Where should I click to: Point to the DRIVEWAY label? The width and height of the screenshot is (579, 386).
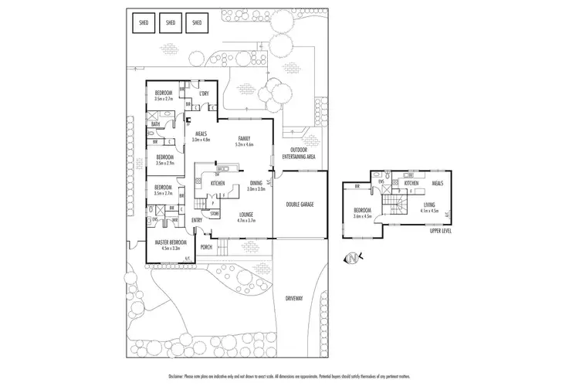point(294,297)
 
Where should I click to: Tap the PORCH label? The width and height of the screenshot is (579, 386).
point(206,247)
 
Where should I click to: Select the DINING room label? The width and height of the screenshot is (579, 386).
point(256,183)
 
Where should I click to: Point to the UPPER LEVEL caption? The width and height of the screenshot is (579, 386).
point(441,230)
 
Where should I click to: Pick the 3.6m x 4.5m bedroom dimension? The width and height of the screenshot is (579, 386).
point(363,216)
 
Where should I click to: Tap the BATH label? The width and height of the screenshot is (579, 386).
point(155,124)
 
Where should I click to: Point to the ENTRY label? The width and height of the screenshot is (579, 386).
point(197,220)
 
